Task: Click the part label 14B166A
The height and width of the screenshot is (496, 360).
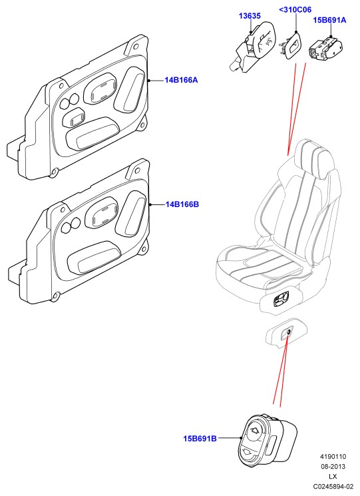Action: pyautogui.click(x=181, y=80)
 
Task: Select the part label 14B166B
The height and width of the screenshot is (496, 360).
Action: pyautogui.click(x=182, y=204)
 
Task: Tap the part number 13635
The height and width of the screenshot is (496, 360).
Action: pyautogui.click(x=250, y=15)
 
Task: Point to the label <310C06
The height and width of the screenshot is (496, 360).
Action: pyautogui.click(x=295, y=9)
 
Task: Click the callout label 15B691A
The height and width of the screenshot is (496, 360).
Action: pyautogui.click(x=329, y=20)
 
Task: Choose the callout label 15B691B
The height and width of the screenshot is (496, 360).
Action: pyautogui.click(x=200, y=439)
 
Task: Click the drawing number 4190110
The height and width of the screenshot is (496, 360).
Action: pyautogui.click(x=333, y=457)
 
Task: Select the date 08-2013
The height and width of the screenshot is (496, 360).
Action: pyautogui.click(x=333, y=466)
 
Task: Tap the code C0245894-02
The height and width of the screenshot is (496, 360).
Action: pyautogui.click(x=333, y=486)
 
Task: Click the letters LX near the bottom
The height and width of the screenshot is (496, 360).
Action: pyautogui.click(x=333, y=477)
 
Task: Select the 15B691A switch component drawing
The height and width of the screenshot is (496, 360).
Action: pyautogui.click(x=325, y=48)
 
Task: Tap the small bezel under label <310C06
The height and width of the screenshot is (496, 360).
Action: pyautogui.click(x=291, y=46)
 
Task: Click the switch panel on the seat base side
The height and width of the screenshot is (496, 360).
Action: pyautogui.click(x=281, y=300)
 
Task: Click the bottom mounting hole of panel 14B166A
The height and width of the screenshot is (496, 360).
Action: pyautogui.click(x=54, y=172)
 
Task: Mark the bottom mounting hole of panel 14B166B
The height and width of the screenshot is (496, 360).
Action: pyautogui.click(x=56, y=296)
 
